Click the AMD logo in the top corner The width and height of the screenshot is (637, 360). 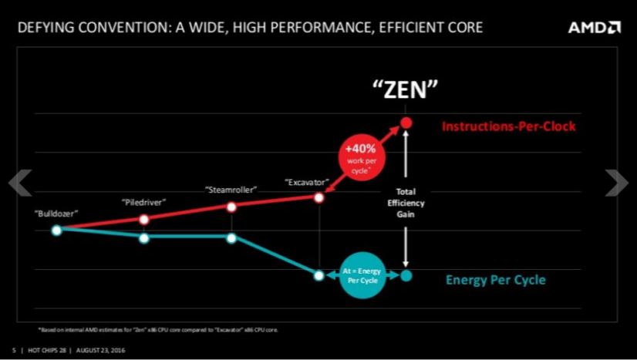point(594,28)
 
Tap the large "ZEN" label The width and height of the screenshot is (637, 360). point(406,89)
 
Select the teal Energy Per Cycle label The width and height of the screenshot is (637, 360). point(495,280)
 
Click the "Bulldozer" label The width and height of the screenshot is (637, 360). point(56,211)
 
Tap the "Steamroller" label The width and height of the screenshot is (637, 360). point(231,189)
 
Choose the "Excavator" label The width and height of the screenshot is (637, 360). point(308,183)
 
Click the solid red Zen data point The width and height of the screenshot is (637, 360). point(406,123)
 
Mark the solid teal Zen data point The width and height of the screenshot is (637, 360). point(406,275)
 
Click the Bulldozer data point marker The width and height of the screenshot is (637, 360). point(56,229)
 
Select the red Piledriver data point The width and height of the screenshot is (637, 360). point(144,220)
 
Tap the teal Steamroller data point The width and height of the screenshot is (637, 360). point(231,237)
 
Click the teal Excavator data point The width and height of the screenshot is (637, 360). point(318,275)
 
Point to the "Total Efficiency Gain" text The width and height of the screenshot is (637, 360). point(406,203)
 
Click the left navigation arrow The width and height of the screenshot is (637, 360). point(19,183)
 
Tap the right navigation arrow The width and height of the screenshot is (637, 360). point(617,183)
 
